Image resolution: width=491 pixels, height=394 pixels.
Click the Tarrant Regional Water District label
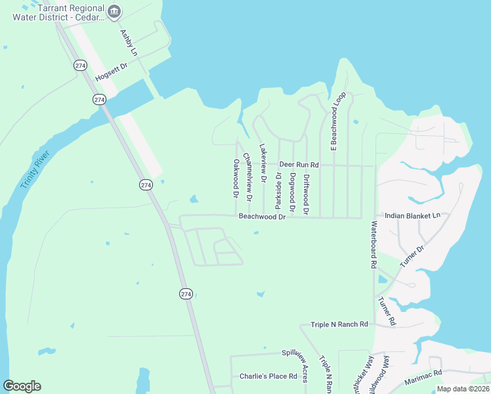coord(58,13)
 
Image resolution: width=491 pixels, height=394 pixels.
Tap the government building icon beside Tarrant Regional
coord(115,10)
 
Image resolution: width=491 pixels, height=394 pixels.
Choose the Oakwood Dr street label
coord(235,178)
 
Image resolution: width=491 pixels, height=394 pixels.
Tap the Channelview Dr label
coord(247,177)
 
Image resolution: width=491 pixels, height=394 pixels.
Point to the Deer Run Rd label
coord(299,164)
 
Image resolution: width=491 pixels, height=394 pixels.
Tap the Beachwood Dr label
coord(262,216)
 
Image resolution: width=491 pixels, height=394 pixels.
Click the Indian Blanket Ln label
coord(412,215)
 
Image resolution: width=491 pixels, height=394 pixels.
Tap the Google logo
coord(22,386)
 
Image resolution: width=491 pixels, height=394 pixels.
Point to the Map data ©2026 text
coord(462,389)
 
